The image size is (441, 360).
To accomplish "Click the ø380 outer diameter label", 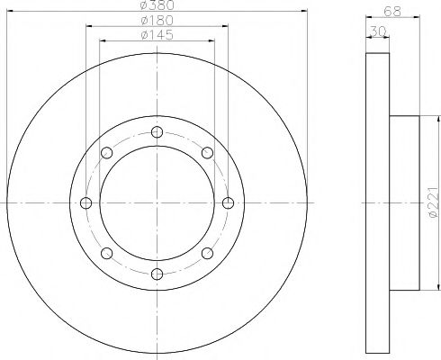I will click(x=157, y=5).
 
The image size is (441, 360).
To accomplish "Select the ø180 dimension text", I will click(x=157, y=21).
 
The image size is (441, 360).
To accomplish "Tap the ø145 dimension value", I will click(x=157, y=35).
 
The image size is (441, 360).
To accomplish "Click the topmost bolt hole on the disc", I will click(x=157, y=132).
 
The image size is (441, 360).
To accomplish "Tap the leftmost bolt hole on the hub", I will click(x=86, y=202).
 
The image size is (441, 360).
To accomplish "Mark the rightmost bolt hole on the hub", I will click(x=227, y=202).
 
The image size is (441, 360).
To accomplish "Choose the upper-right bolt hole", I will click(x=206, y=152).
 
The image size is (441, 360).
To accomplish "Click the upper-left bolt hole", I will click(x=107, y=152).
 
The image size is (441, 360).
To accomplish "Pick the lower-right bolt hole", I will click(x=206, y=252).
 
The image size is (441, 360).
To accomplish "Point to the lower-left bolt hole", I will click(x=107, y=252).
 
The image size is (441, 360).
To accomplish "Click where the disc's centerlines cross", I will click(x=157, y=202).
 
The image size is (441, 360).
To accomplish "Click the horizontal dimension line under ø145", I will click(x=157, y=41).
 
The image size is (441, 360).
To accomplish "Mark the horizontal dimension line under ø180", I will click(x=157, y=27).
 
